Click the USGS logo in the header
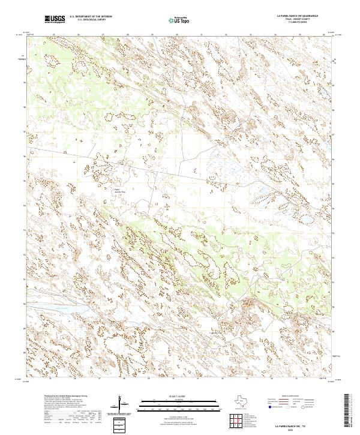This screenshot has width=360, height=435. [x=55, y=20]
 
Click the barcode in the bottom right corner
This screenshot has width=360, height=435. [x=351, y=411]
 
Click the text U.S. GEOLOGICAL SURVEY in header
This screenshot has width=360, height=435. [x=90, y=20]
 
